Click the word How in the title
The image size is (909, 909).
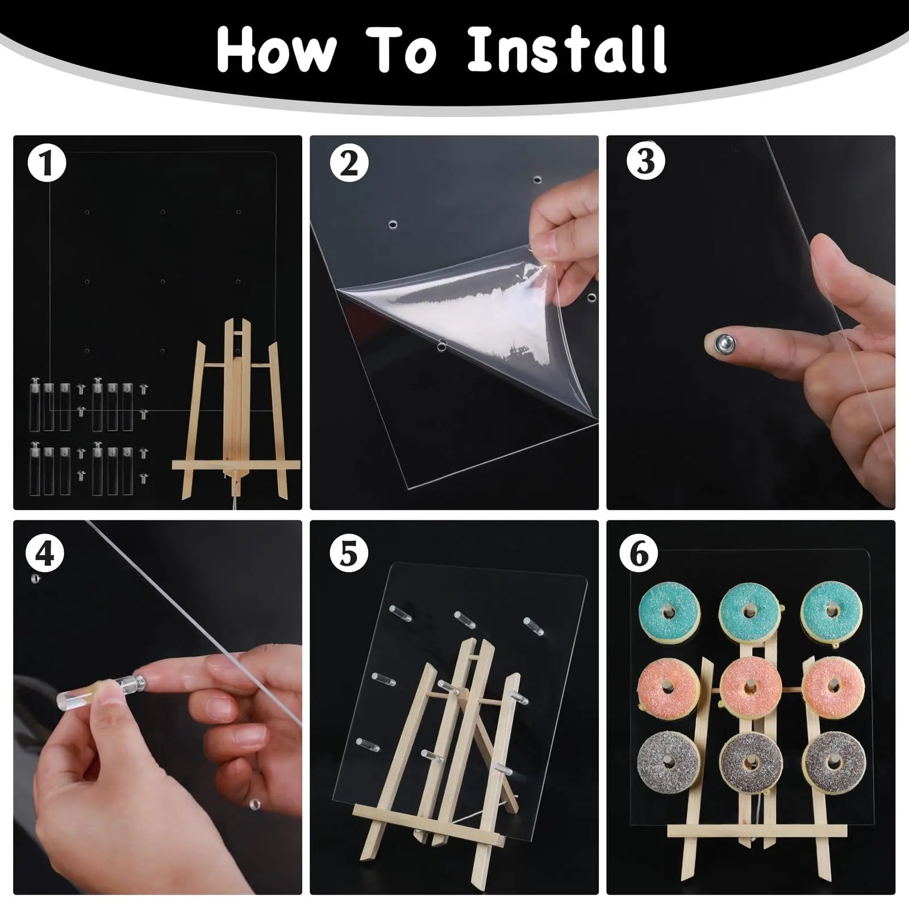[x=276, y=49]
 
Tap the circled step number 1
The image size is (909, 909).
[x=47, y=163]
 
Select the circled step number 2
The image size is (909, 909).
[x=349, y=163]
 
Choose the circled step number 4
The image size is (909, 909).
[x=45, y=553]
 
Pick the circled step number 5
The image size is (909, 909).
[x=349, y=553]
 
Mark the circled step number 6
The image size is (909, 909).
[x=640, y=553]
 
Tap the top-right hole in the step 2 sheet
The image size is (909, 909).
[x=537, y=180]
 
